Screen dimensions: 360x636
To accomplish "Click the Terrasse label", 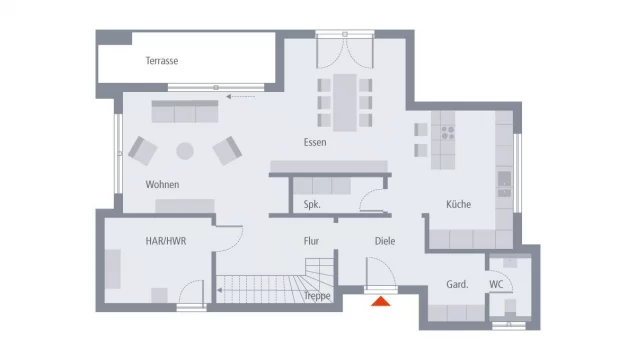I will tap(161, 61).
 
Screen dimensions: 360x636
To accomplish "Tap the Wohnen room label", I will tap(162, 185).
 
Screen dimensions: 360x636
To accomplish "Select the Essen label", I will tap(315, 142).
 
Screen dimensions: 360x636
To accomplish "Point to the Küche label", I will tap(458, 204).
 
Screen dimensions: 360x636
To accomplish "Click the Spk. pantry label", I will tap(312, 205).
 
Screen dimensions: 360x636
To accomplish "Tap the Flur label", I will tap(311, 241).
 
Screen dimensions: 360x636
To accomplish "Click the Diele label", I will tap(385, 241).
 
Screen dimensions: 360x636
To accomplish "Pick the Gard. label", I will tap(457, 285).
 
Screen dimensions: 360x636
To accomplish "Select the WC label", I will tap(496, 285).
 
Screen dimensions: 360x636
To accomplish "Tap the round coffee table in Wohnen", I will tap(185, 151).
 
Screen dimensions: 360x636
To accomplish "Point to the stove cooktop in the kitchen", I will tap(443, 130).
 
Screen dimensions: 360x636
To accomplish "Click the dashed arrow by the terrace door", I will tap(240, 97).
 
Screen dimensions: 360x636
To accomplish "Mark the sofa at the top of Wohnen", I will tap(185, 111).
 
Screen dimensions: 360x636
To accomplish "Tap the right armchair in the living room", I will tap(227, 150).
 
